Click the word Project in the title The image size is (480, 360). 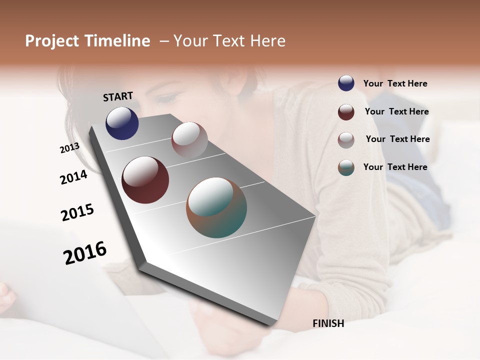click(x=48, y=41)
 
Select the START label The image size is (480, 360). click(x=118, y=96)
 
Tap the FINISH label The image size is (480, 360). click(x=328, y=323)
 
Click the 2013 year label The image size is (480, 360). click(x=70, y=148)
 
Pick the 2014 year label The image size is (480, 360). click(x=73, y=177)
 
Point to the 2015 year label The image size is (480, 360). click(x=77, y=212)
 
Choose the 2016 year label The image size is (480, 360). click(x=85, y=253)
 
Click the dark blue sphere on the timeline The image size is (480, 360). click(x=122, y=123)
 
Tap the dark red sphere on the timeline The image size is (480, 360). click(x=145, y=180)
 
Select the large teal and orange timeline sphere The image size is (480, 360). click(x=216, y=207)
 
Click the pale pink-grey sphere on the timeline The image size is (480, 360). click(x=189, y=139)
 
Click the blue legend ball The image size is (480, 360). click(x=346, y=83)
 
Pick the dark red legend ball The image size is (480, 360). click(x=346, y=111)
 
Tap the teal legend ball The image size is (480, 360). click(x=346, y=167)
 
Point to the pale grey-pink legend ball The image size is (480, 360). click(x=346, y=139)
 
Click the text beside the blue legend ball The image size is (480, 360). click(x=395, y=83)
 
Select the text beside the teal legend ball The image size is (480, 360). click(x=395, y=167)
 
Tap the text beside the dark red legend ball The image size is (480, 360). click(x=397, y=111)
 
